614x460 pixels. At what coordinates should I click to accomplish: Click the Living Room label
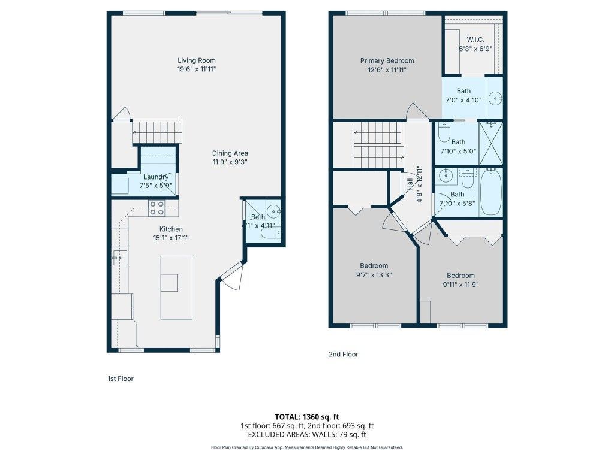196,60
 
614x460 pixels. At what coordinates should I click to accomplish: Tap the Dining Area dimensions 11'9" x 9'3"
230,162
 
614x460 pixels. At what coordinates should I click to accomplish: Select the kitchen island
176,287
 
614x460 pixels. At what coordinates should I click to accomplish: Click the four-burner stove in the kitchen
157,208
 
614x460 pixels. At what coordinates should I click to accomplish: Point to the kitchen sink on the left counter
119,258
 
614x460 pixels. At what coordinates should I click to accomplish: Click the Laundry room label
156,177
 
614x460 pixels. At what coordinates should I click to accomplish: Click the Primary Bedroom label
387,60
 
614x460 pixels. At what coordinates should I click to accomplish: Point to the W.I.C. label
475,40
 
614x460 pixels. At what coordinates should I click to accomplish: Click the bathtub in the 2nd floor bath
492,192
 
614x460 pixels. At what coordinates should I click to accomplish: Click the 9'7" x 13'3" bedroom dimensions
374,275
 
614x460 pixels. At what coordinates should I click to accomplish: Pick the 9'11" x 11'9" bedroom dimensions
460,285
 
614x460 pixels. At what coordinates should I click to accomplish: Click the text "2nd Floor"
343,355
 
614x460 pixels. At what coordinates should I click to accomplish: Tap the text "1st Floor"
120,379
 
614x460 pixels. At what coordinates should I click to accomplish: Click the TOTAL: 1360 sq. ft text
306,416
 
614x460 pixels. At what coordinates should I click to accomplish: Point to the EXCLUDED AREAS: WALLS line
306,435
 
